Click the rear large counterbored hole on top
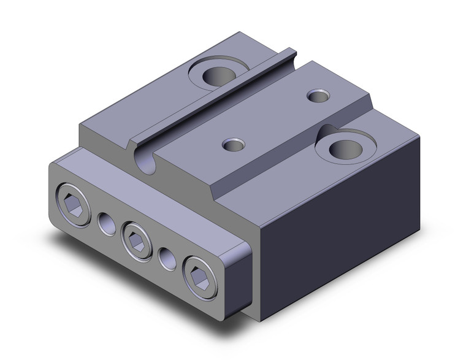215,76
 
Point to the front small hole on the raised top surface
233,145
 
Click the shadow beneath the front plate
123,276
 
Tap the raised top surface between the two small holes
276,120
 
